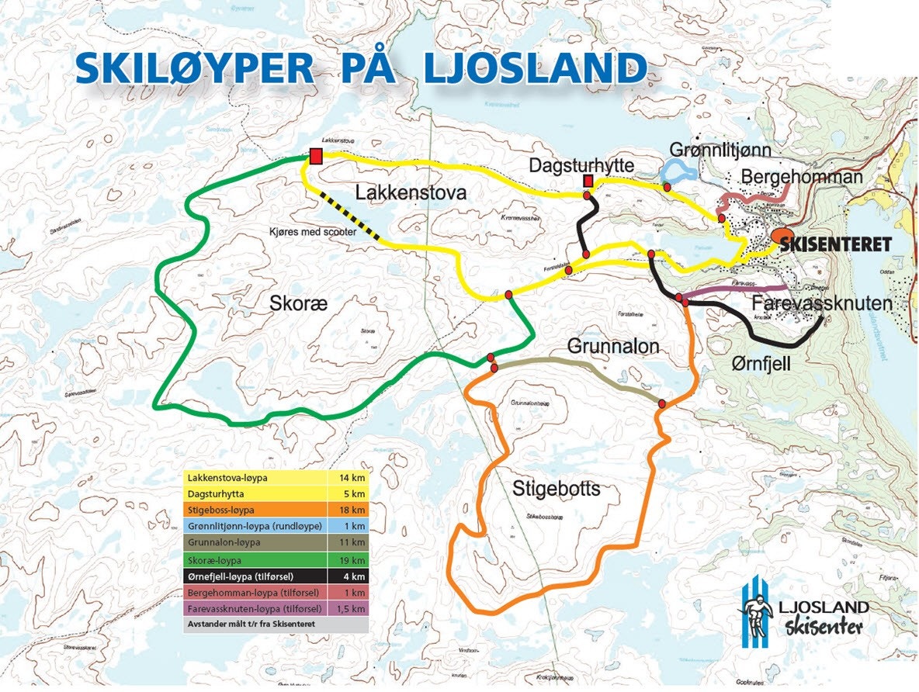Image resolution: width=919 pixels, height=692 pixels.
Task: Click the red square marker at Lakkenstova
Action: [x=316, y=156]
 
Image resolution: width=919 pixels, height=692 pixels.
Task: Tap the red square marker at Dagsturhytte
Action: [x=588, y=182]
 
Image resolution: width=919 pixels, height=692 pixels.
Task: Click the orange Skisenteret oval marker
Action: [x=782, y=236]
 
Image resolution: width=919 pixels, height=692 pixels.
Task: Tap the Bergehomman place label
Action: [x=802, y=177]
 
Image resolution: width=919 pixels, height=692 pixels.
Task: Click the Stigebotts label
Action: [x=557, y=489]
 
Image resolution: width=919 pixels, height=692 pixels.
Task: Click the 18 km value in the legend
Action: [x=352, y=510]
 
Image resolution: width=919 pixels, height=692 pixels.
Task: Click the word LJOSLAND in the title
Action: [x=535, y=68]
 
